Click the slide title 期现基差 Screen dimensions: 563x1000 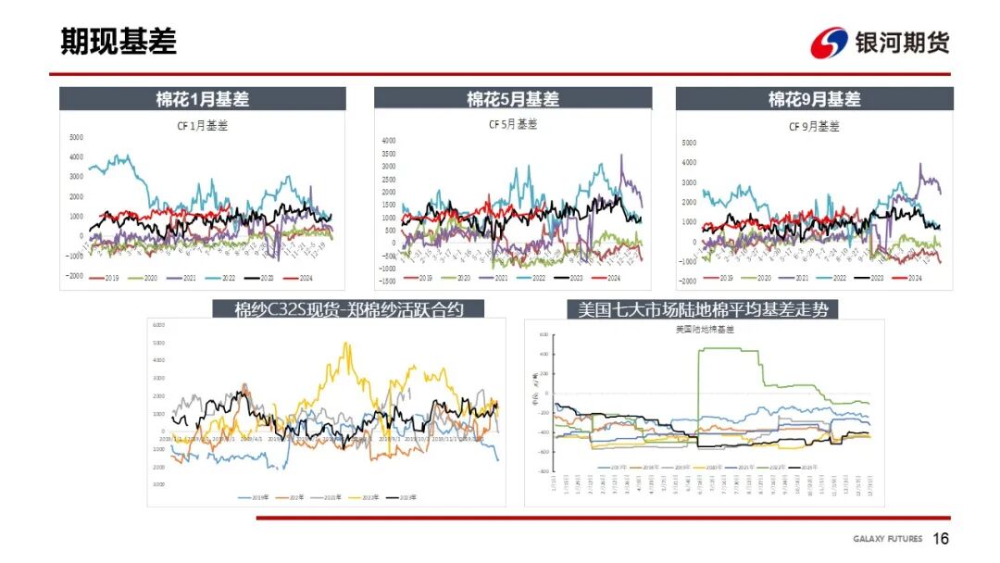(x=118, y=42)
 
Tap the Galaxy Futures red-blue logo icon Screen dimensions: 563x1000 (x=829, y=43)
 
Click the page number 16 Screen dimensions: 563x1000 (x=941, y=539)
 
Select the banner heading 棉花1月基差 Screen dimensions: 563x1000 (x=202, y=99)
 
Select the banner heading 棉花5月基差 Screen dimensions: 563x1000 (x=512, y=99)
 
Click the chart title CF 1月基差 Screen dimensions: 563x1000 (x=202, y=126)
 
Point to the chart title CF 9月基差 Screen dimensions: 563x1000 (x=814, y=126)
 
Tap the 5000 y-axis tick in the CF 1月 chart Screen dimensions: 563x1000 (x=76, y=137)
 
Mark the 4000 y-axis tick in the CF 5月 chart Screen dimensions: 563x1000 (x=389, y=141)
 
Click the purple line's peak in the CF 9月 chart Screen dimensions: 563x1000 (x=919, y=165)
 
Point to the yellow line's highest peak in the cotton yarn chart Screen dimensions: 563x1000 (x=346, y=344)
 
